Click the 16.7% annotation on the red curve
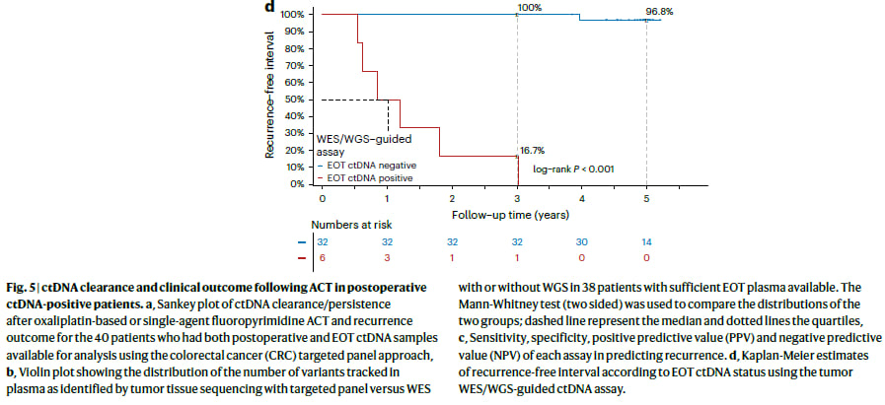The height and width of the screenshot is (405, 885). coord(532,152)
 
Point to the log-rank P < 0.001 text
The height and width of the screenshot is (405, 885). coord(574,169)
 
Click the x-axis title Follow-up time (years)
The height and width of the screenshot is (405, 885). coord(509,213)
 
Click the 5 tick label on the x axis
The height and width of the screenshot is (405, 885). coord(646,198)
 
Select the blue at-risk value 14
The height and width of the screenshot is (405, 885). coord(646,241)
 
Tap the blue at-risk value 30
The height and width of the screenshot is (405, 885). coord(582,241)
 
